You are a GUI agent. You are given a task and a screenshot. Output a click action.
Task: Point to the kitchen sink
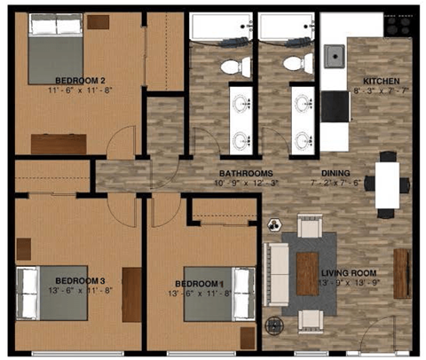(x=335, y=57)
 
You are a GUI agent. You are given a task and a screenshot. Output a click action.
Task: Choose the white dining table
(x=387, y=184)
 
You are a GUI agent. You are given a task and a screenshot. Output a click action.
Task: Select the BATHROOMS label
(x=246, y=173)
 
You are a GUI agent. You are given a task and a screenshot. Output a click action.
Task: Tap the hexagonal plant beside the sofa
(x=274, y=226)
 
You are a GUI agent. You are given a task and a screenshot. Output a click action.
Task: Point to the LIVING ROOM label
(x=349, y=273)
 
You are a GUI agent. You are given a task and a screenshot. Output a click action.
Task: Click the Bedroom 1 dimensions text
(x=202, y=293)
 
